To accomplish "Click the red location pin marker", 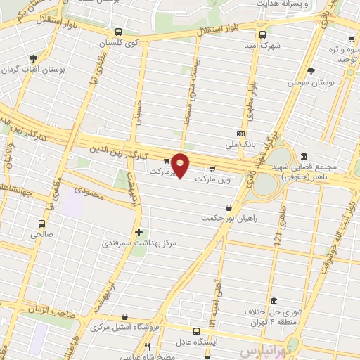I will click(x=181, y=166).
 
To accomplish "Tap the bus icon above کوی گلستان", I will click(x=117, y=32).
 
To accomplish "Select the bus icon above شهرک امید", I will click(x=262, y=34).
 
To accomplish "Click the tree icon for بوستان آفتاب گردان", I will click(x=32, y=58).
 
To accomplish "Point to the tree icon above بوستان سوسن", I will click(x=311, y=70).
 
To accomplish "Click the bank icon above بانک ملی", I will click(x=241, y=133).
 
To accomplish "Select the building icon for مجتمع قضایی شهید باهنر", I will click(x=303, y=155).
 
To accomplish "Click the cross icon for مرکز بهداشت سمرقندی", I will click(x=139, y=231).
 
